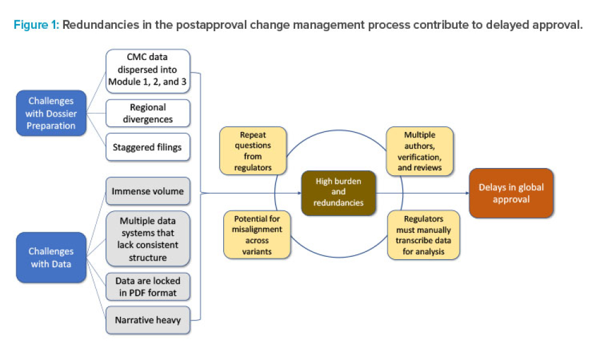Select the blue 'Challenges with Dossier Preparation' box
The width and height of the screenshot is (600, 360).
pyautogui.click(x=51, y=113)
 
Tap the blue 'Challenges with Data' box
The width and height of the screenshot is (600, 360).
pyautogui.click(x=51, y=257)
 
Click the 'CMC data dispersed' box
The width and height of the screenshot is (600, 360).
pyautogui.click(x=148, y=71)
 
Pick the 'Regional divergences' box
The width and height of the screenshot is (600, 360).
pyautogui.click(x=148, y=113)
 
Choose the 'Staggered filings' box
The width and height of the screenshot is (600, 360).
pyautogui.click(x=148, y=146)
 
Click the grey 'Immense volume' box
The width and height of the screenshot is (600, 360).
pyautogui.click(x=148, y=192)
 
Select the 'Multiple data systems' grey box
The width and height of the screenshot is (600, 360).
pyautogui.click(x=148, y=239)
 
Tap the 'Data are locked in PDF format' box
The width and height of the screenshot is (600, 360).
pyautogui.click(x=148, y=287)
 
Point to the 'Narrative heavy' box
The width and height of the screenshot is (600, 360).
pyautogui.click(x=148, y=319)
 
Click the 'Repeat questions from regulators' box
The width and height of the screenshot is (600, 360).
pyautogui.click(x=253, y=151)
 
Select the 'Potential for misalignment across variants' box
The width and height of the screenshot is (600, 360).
pyautogui.click(x=253, y=234)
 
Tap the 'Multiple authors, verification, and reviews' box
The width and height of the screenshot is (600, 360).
pyautogui.click(x=419, y=151)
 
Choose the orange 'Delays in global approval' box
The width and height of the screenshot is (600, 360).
pyautogui.click(x=511, y=193)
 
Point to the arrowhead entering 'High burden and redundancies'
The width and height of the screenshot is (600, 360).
pyautogui.click(x=297, y=193)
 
